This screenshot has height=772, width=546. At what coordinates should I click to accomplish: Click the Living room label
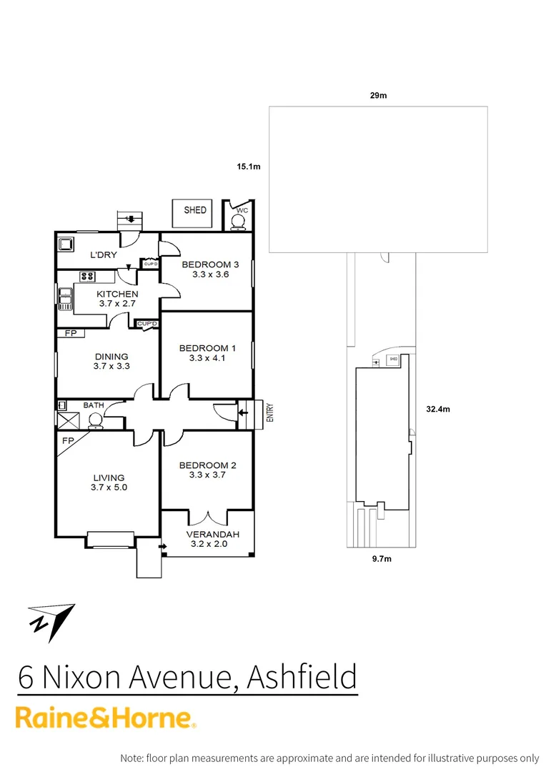[109, 477]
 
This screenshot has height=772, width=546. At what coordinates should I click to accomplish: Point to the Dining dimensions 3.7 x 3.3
[111, 367]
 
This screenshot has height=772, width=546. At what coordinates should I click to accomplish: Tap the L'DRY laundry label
[104, 255]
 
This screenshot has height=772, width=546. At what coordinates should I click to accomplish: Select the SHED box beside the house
[195, 212]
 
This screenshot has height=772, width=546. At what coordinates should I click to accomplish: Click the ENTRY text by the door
[270, 415]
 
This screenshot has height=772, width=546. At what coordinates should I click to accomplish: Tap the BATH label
[94, 405]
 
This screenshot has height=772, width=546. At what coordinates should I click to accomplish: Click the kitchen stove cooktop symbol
[87, 277]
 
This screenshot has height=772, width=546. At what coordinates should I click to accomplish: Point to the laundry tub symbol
[66, 245]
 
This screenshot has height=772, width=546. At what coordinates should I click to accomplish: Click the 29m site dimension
[379, 96]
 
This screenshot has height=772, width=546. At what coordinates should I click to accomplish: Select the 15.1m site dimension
[249, 167]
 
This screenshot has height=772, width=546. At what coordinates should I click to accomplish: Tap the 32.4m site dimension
[437, 410]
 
